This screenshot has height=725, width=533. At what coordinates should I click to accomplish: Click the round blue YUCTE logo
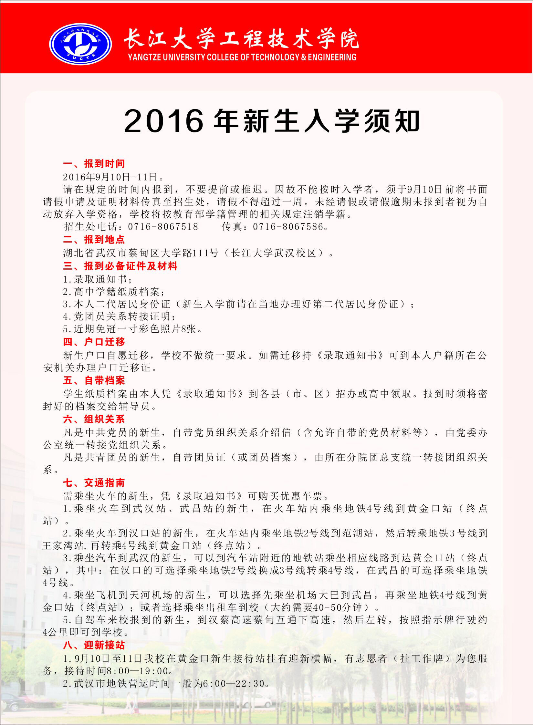point(80,44)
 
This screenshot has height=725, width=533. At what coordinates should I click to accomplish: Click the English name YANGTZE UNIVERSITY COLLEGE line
point(242,57)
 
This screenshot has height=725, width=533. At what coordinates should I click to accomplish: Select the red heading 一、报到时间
point(94,163)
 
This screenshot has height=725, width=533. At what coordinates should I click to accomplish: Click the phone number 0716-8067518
point(163,227)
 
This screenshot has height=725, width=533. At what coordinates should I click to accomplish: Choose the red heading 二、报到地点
point(94,239)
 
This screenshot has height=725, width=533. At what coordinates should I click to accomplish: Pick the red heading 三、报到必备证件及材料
point(120,266)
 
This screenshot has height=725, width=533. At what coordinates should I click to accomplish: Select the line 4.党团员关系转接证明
point(120,316)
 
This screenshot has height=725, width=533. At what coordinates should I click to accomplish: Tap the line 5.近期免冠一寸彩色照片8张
point(133,329)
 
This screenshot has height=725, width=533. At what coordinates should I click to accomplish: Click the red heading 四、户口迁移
point(94,342)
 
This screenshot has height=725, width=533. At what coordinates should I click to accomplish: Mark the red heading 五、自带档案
point(94,380)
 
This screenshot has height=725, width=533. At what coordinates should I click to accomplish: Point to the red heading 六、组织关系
point(94,419)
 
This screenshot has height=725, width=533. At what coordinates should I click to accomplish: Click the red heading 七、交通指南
point(94,483)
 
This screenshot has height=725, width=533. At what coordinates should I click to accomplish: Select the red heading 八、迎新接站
point(94,645)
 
